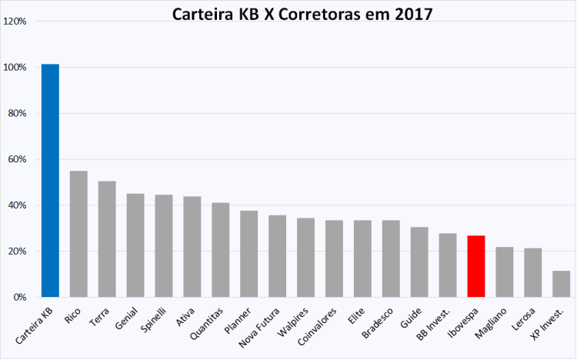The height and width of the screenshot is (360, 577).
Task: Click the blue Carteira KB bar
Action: [x=50, y=181]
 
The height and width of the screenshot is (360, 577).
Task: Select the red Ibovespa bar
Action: [x=476, y=266]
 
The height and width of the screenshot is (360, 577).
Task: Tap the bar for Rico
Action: [x=78, y=234]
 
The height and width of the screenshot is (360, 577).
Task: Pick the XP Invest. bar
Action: [x=562, y=284]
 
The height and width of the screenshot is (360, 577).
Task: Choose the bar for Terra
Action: [x=107, y=239]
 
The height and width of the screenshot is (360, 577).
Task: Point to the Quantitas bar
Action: [x=221, y=250]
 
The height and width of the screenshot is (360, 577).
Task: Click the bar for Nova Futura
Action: [x=277, y=256]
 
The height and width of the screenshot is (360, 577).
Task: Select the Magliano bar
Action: [x=505, y=272]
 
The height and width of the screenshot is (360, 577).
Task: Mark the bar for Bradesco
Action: [x=391, y=258]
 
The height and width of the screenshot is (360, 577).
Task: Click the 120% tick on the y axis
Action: [x=16, y=22]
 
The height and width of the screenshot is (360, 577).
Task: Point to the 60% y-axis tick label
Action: [x=18, y=159]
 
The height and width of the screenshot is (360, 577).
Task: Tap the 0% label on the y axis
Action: [x=20, y=297]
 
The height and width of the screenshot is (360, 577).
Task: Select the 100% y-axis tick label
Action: [x=16, y=68]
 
